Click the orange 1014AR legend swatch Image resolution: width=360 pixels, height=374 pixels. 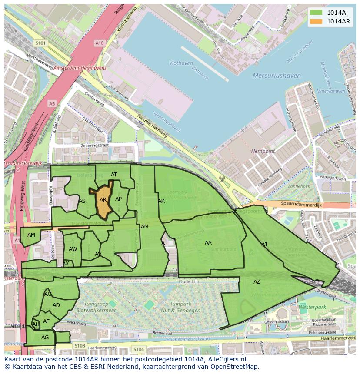[316, 21]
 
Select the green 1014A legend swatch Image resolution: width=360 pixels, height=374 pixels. [316, 13]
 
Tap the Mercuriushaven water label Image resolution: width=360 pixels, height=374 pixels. [277, 76]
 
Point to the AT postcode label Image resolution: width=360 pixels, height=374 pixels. [114, 175]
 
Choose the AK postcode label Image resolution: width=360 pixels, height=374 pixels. [161, 201]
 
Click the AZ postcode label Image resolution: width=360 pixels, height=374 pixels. [257, 282]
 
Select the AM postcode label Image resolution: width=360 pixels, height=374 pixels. [31, 235]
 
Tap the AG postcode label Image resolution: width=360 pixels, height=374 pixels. [45, 338]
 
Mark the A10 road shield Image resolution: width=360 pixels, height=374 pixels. [100, 43]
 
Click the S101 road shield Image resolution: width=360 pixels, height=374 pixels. [40, 43]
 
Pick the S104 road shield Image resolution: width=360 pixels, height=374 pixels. [139, 349]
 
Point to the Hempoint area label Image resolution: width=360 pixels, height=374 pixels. [263, 151]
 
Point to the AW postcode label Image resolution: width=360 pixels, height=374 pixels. [73, 249]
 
